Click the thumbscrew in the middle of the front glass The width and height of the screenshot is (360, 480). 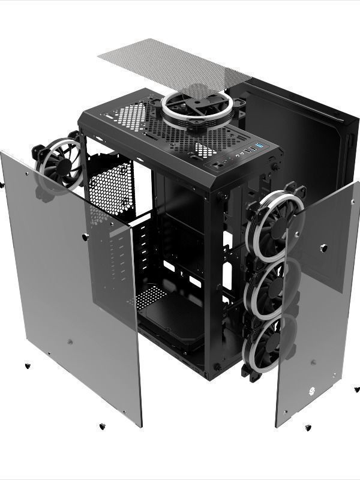[323, 248]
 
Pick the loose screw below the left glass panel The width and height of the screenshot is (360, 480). [101, 426]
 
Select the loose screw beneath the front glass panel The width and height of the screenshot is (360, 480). [308, 428]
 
